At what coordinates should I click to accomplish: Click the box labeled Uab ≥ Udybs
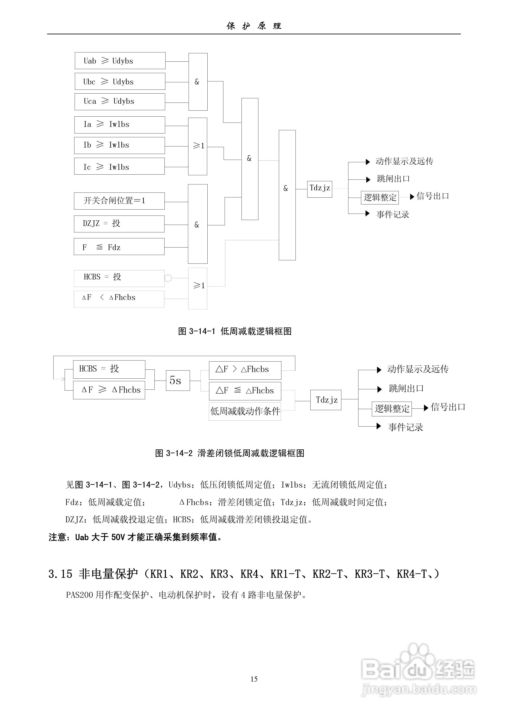(120, 61)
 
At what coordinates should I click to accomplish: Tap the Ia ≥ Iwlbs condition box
(119, 125)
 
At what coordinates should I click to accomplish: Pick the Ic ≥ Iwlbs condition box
(119, 166)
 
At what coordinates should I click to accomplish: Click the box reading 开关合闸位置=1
(119, 201)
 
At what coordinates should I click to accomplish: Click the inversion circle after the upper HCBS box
(168, 278)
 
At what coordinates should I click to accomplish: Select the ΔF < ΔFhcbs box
(119, 299)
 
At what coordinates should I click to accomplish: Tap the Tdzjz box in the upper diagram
(319, 189)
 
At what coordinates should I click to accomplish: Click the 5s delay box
(178, 380)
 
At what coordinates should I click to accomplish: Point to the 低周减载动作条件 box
(245, 411)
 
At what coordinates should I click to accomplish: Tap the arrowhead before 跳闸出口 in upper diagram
(368, 179)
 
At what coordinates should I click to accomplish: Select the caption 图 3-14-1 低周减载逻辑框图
(234, 331)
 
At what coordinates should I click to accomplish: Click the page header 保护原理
(254, 26)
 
